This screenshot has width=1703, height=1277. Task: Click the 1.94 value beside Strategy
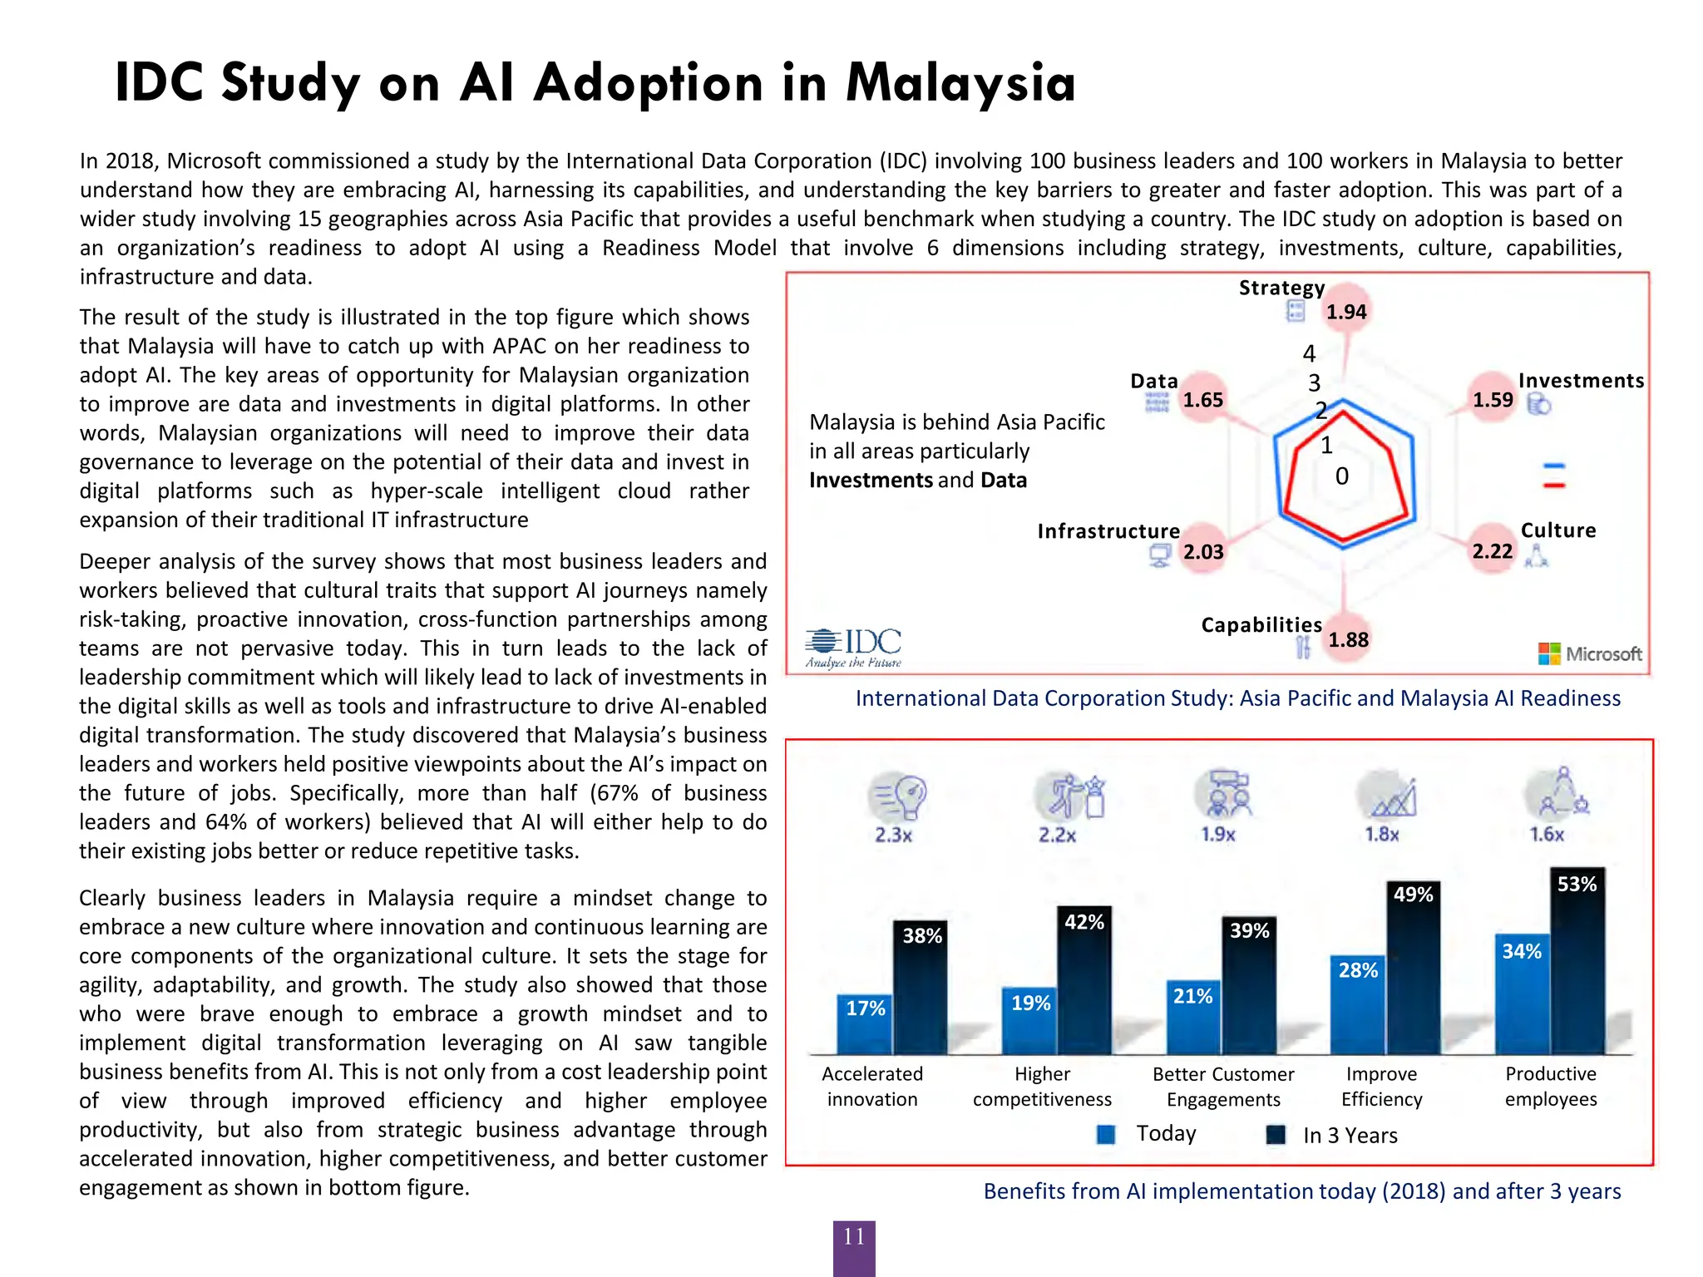tap(1345, 312)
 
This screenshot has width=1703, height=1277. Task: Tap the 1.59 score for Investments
tap(1493, 400)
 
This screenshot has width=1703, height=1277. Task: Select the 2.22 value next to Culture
tap(1492, 551)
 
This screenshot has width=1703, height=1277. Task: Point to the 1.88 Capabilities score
tap(1347, 639)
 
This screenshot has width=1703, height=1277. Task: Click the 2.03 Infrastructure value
tap(1203, 552)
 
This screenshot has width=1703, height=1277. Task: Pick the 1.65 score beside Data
tap(1202, 400)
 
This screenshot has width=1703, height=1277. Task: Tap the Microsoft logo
tap(1589, 653)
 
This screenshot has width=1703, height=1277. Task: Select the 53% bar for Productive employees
tap(1577, 964)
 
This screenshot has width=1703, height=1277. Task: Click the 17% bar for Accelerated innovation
tap(865, 1025)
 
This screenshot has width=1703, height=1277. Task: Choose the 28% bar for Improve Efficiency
tap(1357, 1006)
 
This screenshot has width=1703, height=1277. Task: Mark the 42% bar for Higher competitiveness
tap(1084, 981)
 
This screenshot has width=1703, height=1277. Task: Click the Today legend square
tap(1106, 1135)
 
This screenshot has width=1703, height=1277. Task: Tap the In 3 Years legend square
tap(1275, 1135)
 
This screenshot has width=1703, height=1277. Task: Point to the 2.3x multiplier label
tap(893, 835)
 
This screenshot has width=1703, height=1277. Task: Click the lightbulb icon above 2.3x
tap(901, 796)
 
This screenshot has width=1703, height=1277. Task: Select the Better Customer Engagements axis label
tap(1223, 1087)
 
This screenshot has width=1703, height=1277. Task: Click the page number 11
tap(854, 1237)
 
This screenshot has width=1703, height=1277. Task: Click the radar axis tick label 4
tap(1309, 353)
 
